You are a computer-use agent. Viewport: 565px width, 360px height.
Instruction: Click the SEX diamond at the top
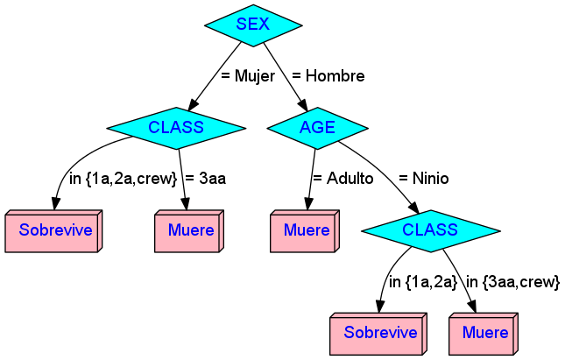click(253, 25)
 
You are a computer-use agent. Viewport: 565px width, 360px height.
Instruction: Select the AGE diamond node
click(317, 128)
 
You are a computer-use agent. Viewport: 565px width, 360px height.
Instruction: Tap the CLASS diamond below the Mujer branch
click(176, 128)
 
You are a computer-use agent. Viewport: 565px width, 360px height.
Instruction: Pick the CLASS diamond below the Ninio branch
click(430, 230)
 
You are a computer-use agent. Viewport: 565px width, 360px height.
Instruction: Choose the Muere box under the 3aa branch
click(190, 231)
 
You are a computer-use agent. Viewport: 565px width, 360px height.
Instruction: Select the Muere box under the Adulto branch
click(306, 231)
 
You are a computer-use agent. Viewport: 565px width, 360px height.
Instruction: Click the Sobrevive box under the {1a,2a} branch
click(377, 333)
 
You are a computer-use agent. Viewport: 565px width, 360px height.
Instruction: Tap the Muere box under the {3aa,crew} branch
click(484, 333)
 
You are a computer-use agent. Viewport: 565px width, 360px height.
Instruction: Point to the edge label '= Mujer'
click(248, 76)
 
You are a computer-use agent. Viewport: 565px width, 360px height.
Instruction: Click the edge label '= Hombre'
click(328, 76)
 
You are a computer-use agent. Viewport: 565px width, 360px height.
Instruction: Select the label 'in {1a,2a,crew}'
click(123, 179)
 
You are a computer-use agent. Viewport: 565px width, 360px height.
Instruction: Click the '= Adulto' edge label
click(343, 179)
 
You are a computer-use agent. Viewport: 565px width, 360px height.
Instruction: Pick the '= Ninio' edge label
click(423, 179)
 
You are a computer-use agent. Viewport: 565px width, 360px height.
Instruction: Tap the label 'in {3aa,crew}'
click(512, 282)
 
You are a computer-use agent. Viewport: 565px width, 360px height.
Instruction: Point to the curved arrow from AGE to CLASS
click(385, 175)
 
